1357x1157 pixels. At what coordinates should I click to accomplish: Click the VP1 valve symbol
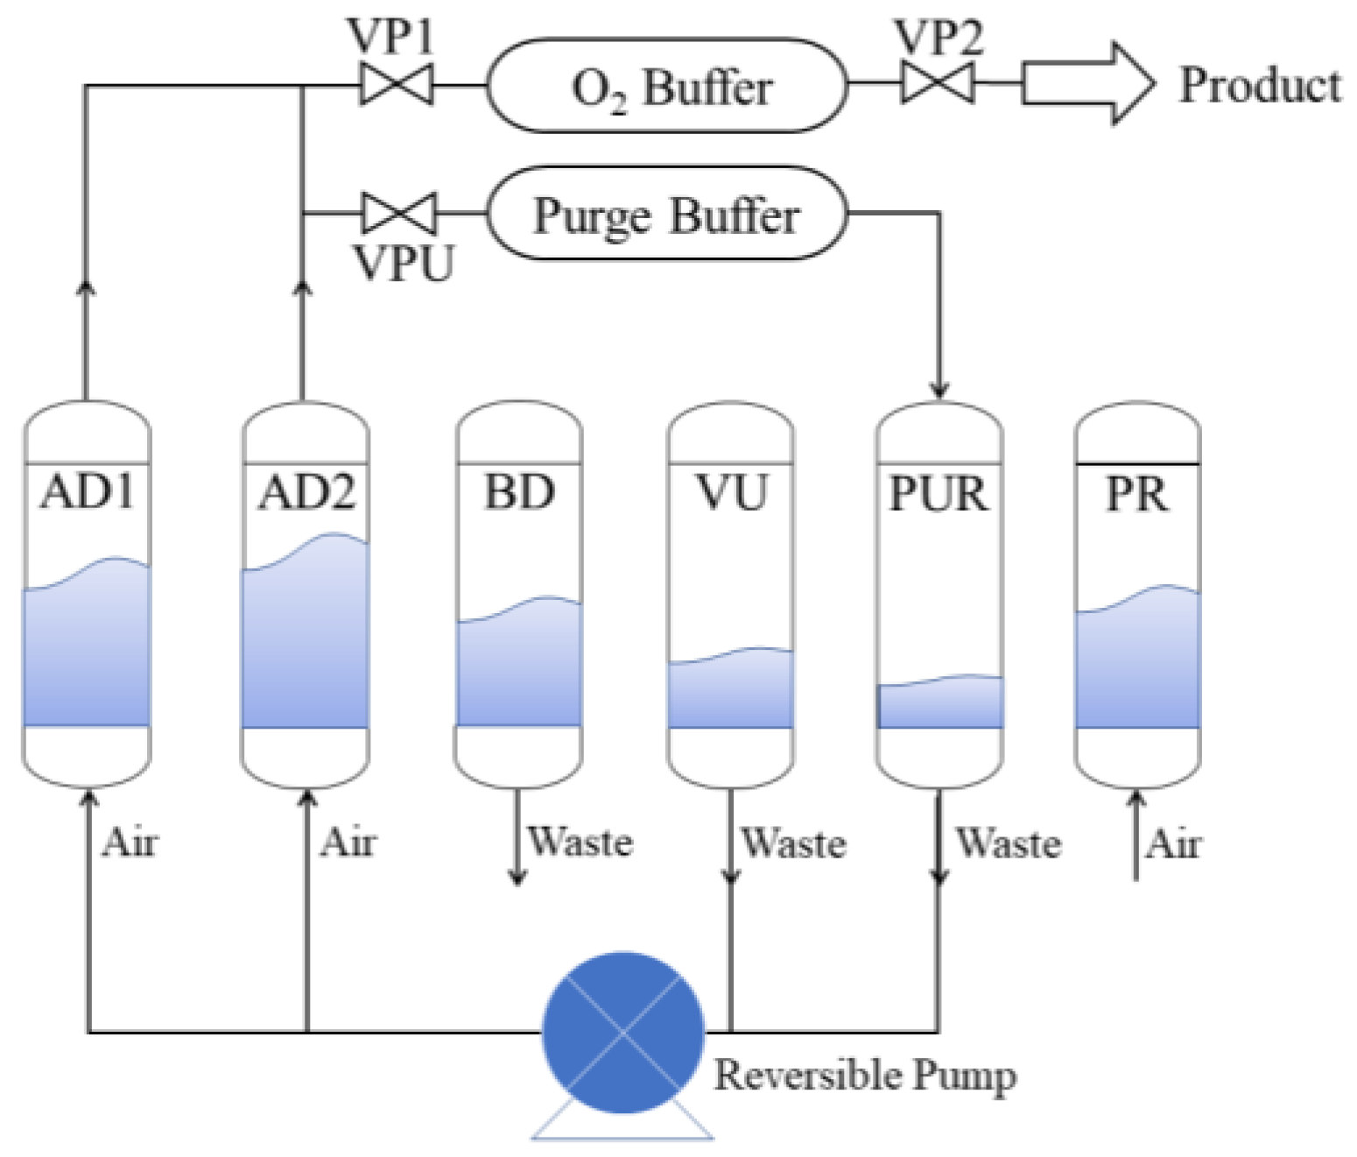pos(397,85)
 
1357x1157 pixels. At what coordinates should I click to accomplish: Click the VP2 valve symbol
pos(938,84)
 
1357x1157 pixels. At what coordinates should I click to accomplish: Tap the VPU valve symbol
pos(399,213)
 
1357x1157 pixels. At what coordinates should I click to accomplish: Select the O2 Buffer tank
pos(667,86)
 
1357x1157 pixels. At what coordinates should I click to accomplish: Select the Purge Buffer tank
pos(667,214)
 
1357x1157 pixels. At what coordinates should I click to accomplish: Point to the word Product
pos(1260,86)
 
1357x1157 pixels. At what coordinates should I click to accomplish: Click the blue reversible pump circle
pos(623,1033)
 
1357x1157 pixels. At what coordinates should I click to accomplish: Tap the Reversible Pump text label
pos(865,1076)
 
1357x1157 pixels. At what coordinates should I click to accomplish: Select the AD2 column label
pos(306,492)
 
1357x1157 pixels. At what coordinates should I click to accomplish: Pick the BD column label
pos(519,492)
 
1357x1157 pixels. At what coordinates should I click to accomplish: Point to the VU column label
pos(732,492)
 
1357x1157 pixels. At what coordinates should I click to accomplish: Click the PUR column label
pos(939,494)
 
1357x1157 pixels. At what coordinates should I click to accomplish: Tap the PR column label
pos(1136,495)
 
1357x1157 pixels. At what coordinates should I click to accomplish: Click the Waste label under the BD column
pos(580,842)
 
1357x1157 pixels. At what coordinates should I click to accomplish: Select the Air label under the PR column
pos(1174,844)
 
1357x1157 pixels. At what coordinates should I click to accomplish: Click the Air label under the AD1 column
pos(130,843)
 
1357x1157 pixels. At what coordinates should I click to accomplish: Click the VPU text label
pos(404,263)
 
